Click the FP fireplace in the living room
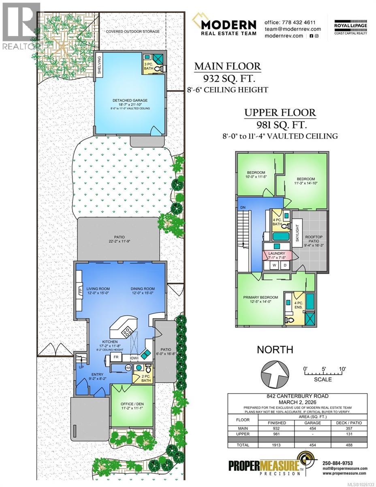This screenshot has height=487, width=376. (80, 291)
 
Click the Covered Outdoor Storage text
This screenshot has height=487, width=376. (133, 31)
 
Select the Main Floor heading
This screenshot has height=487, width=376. (228, 66)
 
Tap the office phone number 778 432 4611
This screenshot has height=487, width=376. (290, 22)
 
